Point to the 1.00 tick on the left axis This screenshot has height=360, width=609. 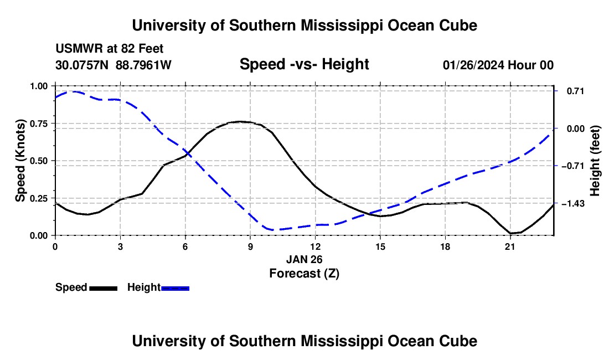tap(39, 86)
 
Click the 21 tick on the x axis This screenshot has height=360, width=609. tap(510, 246)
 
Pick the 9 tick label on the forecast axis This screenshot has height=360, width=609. tap(250, 246)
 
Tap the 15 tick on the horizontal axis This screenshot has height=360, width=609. tap(380, 246)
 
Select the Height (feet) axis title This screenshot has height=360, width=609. tap(595, 161)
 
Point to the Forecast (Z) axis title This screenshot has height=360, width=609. tap(304, 274)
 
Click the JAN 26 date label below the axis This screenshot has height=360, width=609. tap(304, 259)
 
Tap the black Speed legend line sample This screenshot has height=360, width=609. tap(104, 288)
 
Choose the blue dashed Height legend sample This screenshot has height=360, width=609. tap(175, 288)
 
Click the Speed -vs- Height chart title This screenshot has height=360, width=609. tap(304, 64)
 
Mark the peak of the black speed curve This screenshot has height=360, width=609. tap(240, 121)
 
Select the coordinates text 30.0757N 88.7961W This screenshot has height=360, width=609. tap(113, 65)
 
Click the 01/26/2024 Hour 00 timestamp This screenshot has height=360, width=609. tap(498, 65)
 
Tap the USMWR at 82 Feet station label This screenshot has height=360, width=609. tap(110, 49)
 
